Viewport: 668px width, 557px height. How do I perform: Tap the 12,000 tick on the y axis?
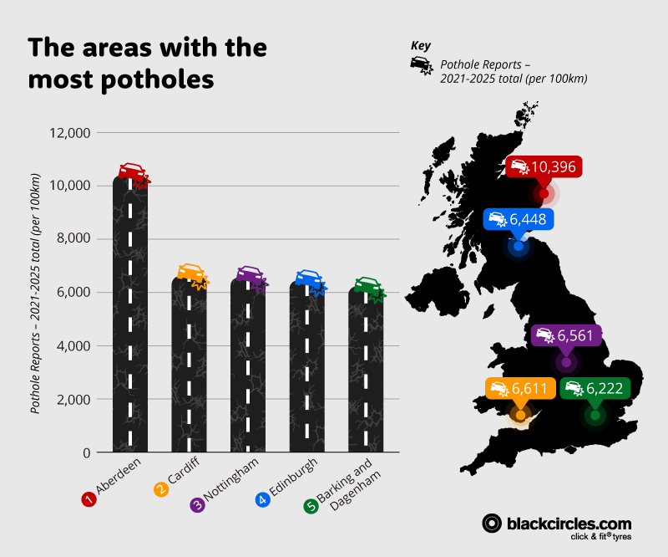pos(72,132)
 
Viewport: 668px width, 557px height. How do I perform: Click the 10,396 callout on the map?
pos(543,166)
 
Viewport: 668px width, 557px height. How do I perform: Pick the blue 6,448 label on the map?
pos(519,219)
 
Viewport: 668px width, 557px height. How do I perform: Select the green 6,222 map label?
pos(594,388)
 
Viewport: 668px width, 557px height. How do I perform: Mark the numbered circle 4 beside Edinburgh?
pos(262,500)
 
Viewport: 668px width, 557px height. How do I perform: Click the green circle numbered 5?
pos(311,506)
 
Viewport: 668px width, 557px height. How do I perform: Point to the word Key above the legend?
pos(422,46)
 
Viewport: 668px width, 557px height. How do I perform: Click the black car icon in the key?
pos(421,66)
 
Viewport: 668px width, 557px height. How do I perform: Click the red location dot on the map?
pos(544,194)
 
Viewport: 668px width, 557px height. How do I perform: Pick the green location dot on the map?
pos(595,415)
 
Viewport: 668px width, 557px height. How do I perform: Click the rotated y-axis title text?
pos(37,293)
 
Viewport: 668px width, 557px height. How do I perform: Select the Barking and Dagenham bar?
pos(367,368)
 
